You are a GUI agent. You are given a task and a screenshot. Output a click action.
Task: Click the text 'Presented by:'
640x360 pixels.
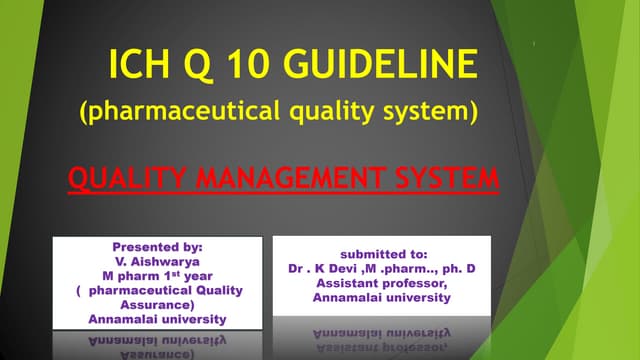tap(158, 246)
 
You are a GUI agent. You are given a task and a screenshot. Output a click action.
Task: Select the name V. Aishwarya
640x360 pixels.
tap(157, 261)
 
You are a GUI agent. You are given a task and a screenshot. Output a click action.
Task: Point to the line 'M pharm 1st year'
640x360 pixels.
tap(157, 276)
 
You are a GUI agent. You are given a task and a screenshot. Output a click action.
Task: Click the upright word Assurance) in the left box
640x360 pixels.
tap(157, 305)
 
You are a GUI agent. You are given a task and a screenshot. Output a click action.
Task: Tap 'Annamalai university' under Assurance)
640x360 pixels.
tap(157, 319)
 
